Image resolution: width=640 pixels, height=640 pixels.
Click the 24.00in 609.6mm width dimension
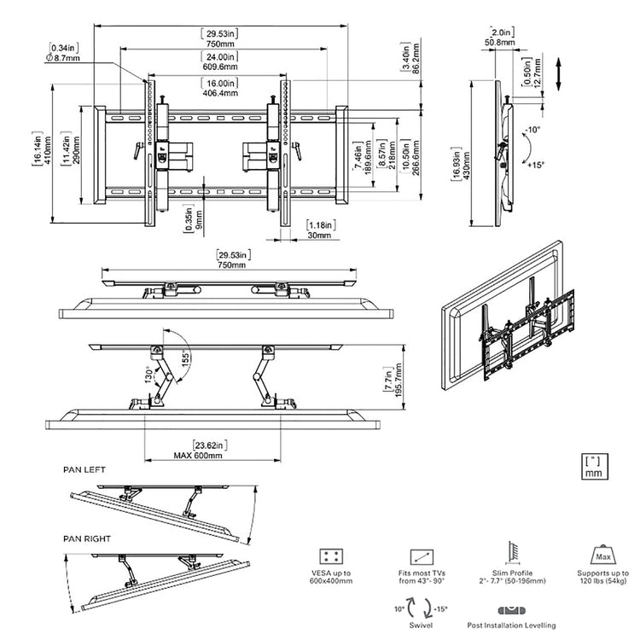coord(222,62)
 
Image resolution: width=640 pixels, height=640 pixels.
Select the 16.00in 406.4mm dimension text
coord(222,89)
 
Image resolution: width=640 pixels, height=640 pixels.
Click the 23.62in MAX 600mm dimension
coord(222,450)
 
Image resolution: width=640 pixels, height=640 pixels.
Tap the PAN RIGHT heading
coord(87,538)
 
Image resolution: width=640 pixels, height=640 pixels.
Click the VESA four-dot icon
coord(329,556)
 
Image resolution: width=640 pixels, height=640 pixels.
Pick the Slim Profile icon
coord(513,553)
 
